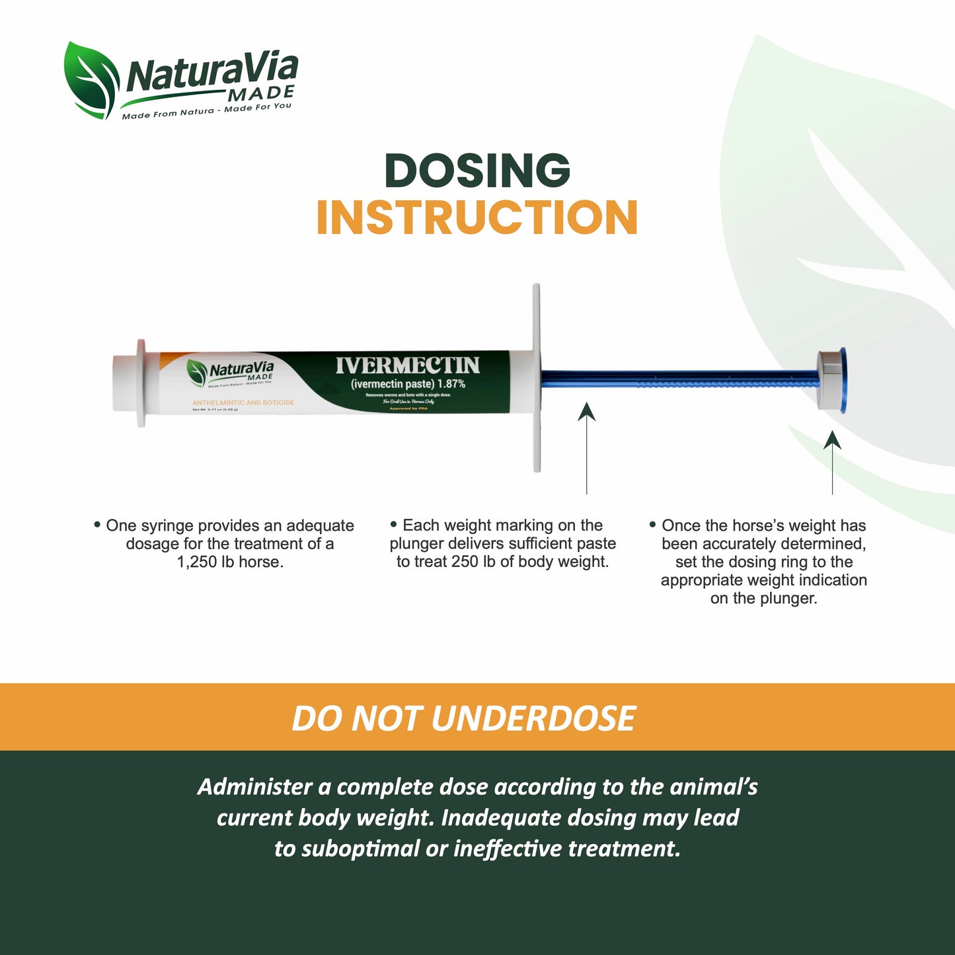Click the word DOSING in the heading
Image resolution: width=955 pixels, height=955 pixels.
pyautogui.click(x=477, y=171)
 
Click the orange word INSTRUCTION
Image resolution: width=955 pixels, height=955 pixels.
pyautogui.click(x=477, y=218)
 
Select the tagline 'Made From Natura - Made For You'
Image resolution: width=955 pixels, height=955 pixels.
pyautogui.click(x=206, y=110)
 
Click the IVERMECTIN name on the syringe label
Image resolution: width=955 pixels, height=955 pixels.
pyautogui.click(x=408, y=365)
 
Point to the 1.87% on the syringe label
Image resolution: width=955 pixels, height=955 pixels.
pyautogui.click(x=451, y=384)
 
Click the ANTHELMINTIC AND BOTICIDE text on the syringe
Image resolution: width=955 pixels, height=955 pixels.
pyautogui.click(x=243, y=402)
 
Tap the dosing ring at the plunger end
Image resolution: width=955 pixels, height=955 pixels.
pyautogui.click(x=834, y=381)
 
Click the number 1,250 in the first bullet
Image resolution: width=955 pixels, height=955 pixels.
pyautogui.click(x=196, y=562)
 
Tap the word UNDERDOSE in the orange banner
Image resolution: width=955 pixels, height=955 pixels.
pyautogui.click(x=533, y=718)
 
